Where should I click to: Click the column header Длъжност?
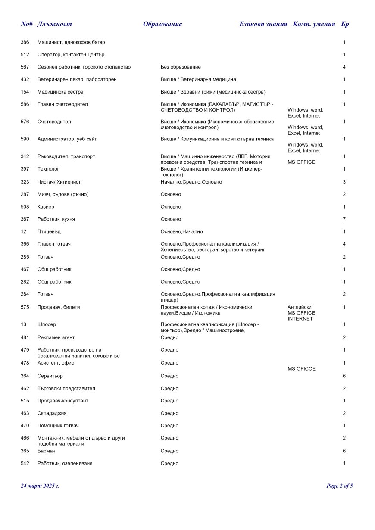point(54,24)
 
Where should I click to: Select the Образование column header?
point(162,24)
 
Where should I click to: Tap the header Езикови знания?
point(263,24)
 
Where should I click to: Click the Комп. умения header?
point(314,24)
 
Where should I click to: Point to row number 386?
point(25,42)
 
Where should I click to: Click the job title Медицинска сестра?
point(60,92)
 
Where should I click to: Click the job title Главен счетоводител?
point(62,104)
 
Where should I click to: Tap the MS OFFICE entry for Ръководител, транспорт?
point(301,162)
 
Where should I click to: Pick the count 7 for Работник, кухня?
point(344,219)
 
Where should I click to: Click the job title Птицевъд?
point(49,232)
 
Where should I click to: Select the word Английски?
point(299,307)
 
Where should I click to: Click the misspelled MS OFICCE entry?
point(301,369)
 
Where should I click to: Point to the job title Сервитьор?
point(50,376)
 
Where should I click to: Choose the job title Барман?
point(47,451)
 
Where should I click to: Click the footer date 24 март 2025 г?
point(40,486)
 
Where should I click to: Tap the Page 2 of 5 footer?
point(340,486)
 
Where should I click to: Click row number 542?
point(25,464)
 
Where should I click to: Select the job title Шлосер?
point(47,324)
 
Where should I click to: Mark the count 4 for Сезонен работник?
point(344,67)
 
